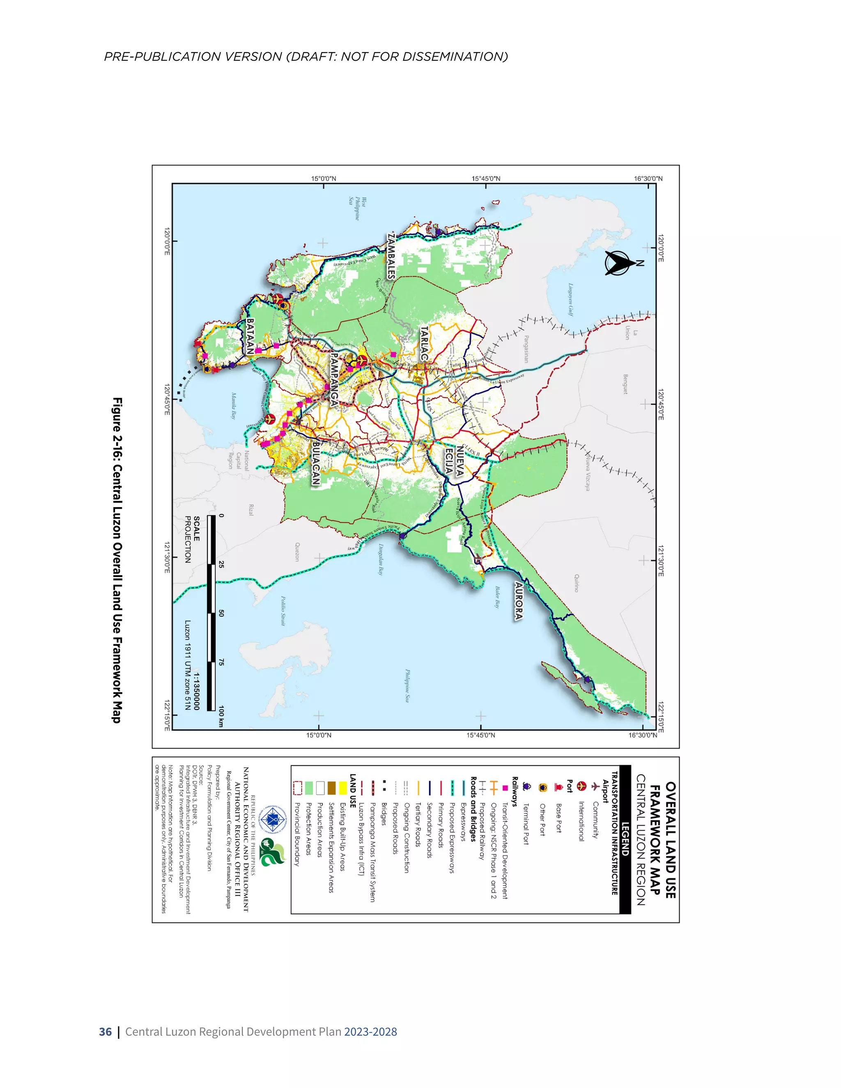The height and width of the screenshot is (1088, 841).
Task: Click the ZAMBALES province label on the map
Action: click(392, 255)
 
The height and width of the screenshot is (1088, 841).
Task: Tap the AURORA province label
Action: click(519, 601)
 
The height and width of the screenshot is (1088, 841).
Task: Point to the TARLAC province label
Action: click(424, 344)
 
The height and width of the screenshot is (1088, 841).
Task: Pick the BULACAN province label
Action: click(315, 463)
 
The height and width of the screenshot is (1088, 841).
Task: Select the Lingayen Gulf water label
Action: click(571, 299)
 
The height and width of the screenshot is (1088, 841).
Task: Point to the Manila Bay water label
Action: click(233, 406)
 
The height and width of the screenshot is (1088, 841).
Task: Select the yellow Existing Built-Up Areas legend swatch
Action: click(343, 787)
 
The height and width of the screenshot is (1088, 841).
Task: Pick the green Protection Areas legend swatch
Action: click(309, 787)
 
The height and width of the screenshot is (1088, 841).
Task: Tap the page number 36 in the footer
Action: click(105, 1032)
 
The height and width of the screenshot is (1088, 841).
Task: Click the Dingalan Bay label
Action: click(381, 559)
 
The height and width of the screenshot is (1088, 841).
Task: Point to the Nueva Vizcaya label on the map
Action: click(587, 472)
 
